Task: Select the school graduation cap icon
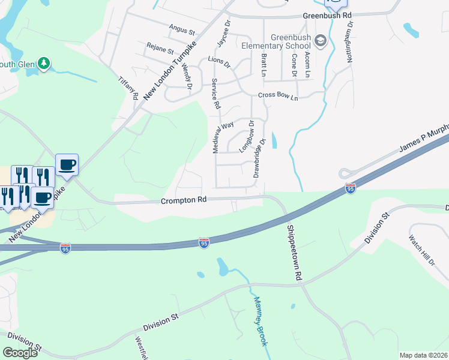(320, 40)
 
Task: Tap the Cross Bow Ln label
(278, 95)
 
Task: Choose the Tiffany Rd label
(128, 88)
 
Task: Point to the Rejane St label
(160, 49)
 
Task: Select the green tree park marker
(43, 63)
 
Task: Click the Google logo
(20, 352)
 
